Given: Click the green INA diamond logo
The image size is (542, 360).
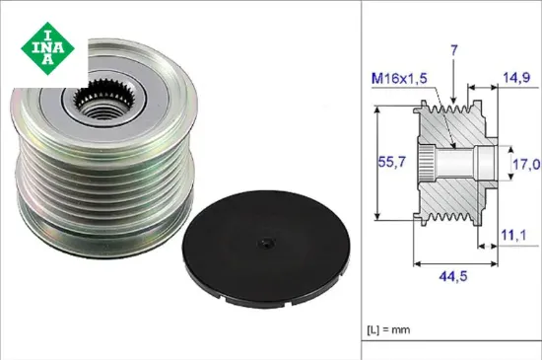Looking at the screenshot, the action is tap(47, 48).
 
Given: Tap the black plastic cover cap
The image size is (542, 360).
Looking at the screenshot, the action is tap(266, 248).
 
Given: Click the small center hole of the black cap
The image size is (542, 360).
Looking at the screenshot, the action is tap(266, 243).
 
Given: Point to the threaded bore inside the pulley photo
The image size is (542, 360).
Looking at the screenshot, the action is tap(102, 111).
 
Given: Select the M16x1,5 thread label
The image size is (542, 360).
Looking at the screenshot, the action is tap(399, 79).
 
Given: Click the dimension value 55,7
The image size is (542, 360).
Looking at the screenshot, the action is tap(392, 162).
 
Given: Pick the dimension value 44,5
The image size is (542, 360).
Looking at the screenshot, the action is tap(453, 276).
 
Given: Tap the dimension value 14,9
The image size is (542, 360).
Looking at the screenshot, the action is tap(516, 78).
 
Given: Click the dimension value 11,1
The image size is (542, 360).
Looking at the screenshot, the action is tap(513, 235).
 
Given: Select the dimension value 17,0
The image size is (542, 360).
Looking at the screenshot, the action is tap(526, 165).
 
